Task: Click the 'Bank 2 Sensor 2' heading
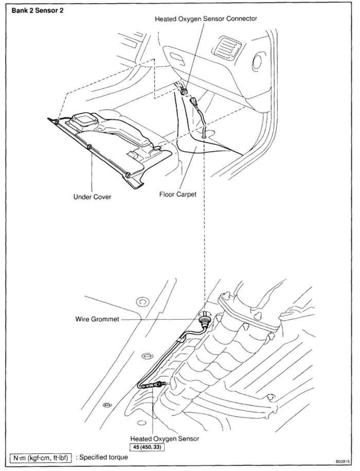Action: (x=38, y=10)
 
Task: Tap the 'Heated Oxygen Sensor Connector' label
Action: (x=206, y=19)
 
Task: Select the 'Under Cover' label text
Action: (x=92, y=197)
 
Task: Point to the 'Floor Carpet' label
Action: (x=178, y=195)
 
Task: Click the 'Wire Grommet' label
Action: (x=97, y=319)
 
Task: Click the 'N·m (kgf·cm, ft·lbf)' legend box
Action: (x=41, y=458)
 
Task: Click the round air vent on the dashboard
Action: (x=257, y=62)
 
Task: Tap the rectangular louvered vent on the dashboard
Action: (x=227, y=48)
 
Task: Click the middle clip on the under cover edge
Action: (x=89, y=147)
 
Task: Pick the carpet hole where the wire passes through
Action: (x=205, y=133)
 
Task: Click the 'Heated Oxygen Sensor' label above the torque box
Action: (x=165, y=439)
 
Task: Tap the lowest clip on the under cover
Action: (x=128, y=175)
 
